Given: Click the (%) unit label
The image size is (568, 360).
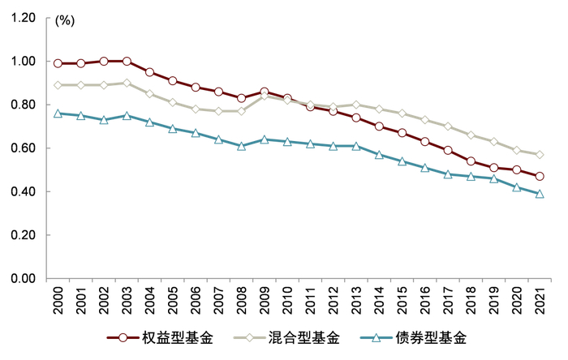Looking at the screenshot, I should pyautogui.click(x=64, y=22).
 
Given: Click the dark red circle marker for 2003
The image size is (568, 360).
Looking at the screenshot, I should pyautogui.click(x=127, y=61).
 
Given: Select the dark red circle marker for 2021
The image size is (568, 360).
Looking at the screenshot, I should pyautogui.click(x=540, y=177).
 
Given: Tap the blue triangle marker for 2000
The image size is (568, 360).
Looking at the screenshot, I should pyautogui.click(x=58, y=114).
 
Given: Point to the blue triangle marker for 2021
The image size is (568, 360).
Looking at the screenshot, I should pyautogui.click(x=540, y=194).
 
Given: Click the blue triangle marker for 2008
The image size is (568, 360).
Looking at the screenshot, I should pyautogui.click(x=242, y=146).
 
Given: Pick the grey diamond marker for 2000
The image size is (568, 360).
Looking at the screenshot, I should pyautogui.click(x=58, y=85).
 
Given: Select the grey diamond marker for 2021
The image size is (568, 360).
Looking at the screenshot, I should pyautogui.click(x=540, y=155).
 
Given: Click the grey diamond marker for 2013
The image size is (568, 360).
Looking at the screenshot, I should pyautogui.click(x=356, y=105).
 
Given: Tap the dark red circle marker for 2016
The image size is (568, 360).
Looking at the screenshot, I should pyautogui.click(x=425, y=142).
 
